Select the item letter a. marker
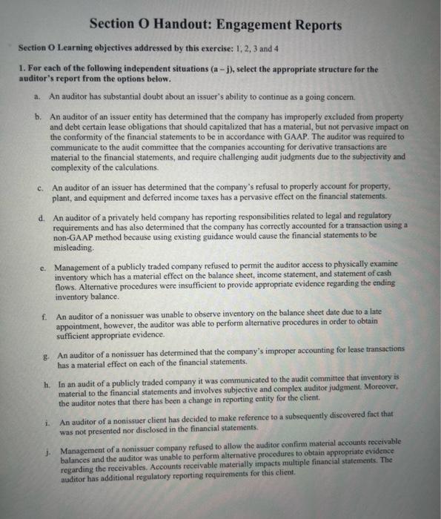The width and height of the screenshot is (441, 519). [36, 96]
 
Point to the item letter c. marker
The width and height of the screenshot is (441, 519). [40, 188]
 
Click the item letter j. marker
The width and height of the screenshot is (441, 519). [48, 451]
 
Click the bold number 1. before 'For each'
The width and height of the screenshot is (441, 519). [21, 69]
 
